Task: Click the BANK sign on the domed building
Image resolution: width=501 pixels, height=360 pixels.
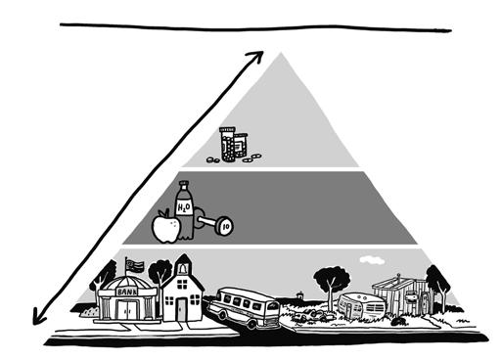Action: pyautogui.click(x=127, y=292)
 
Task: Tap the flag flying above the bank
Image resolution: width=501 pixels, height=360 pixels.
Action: pyautogui.click(x=135, y=264)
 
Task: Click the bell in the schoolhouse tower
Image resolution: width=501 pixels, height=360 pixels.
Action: pyautogui.click(x=183, y=268)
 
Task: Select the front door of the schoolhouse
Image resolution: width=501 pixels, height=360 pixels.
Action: pyautogui.click(x=181, y=309)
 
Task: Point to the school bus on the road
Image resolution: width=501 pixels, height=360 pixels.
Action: pyautogui.click(x=244, y=307)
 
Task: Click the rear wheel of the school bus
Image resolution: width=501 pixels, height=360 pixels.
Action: pyautogui.click(x=251, y=324)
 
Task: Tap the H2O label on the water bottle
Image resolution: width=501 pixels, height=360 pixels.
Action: pyautogui.click(x=184, y=207)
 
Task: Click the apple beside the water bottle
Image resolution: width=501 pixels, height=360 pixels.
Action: pyautogui.click(x=166, y=227)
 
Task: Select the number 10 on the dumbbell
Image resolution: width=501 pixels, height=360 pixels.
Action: pyautogui.click(x=226, y=227)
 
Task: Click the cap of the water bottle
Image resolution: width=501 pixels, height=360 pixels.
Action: pyautogui.click(x=184, y=185)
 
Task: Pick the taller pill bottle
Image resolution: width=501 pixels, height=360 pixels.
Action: pyautogui.click(x=228, y=144)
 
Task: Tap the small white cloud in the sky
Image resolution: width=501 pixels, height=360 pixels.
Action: pyautogui.click(x=372, y=260)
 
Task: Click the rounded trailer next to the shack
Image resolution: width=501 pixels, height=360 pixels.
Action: pyautogui.click(x=361, y=305)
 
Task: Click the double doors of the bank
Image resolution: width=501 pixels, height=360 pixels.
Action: pyautogui.click(x=128, y=310)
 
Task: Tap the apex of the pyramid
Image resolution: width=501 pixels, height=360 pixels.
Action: pyautogui.click(x=281, y=52)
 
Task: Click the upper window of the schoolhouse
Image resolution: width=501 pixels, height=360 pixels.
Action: pyautogui.click(x=182, y=284)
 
